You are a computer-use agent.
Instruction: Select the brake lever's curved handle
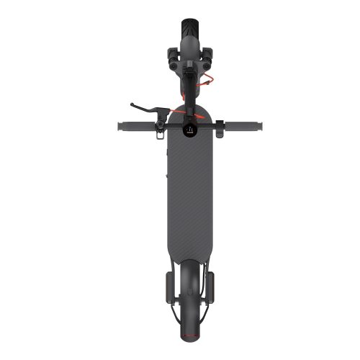144,109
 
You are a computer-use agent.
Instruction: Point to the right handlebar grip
247,127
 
